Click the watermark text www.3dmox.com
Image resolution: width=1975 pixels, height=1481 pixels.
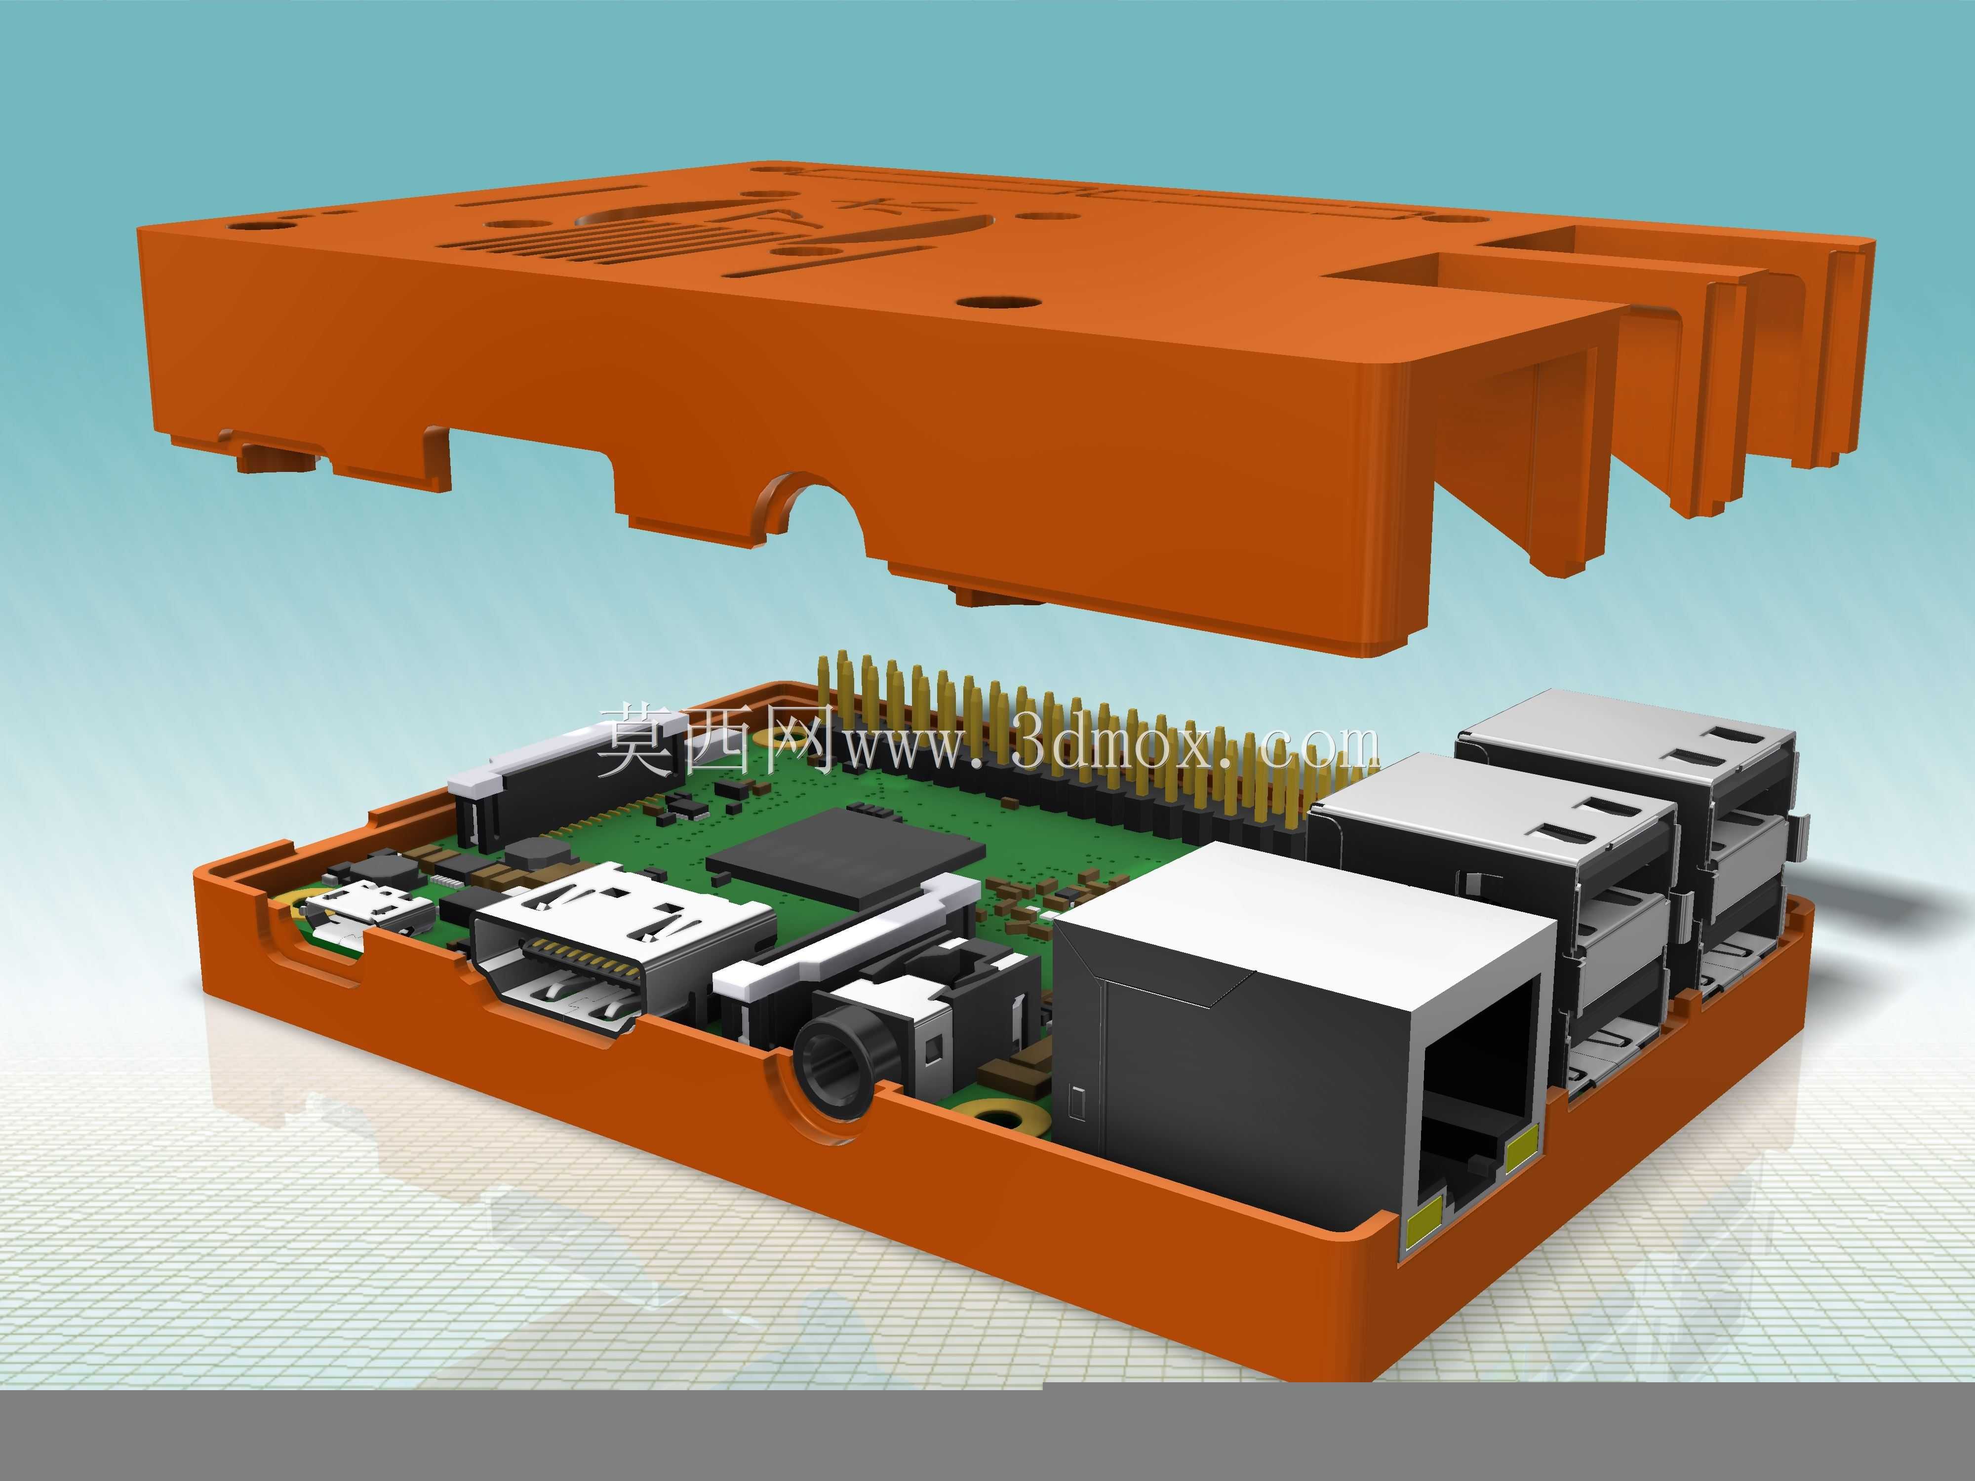coord(1107,745)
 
